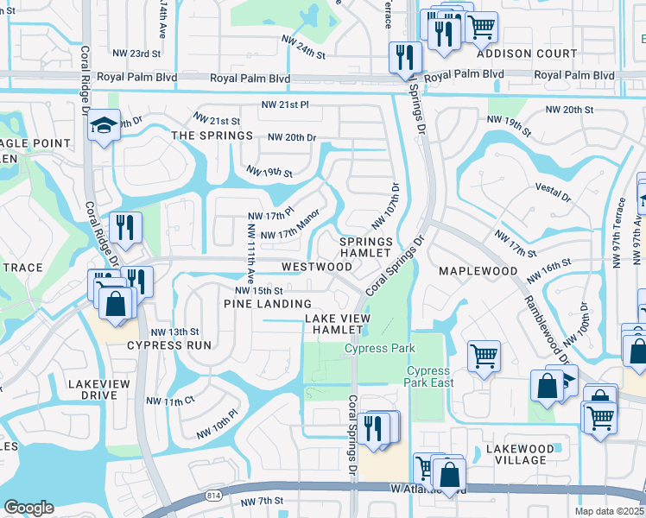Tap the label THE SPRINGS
coord(212,136)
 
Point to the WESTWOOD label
coord(316,267)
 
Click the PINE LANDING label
coord(268,304)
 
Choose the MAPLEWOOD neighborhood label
coord(478,271)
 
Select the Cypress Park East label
coord(428,377)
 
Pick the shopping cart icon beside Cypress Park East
coord(484,355)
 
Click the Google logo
coord(28,507)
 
